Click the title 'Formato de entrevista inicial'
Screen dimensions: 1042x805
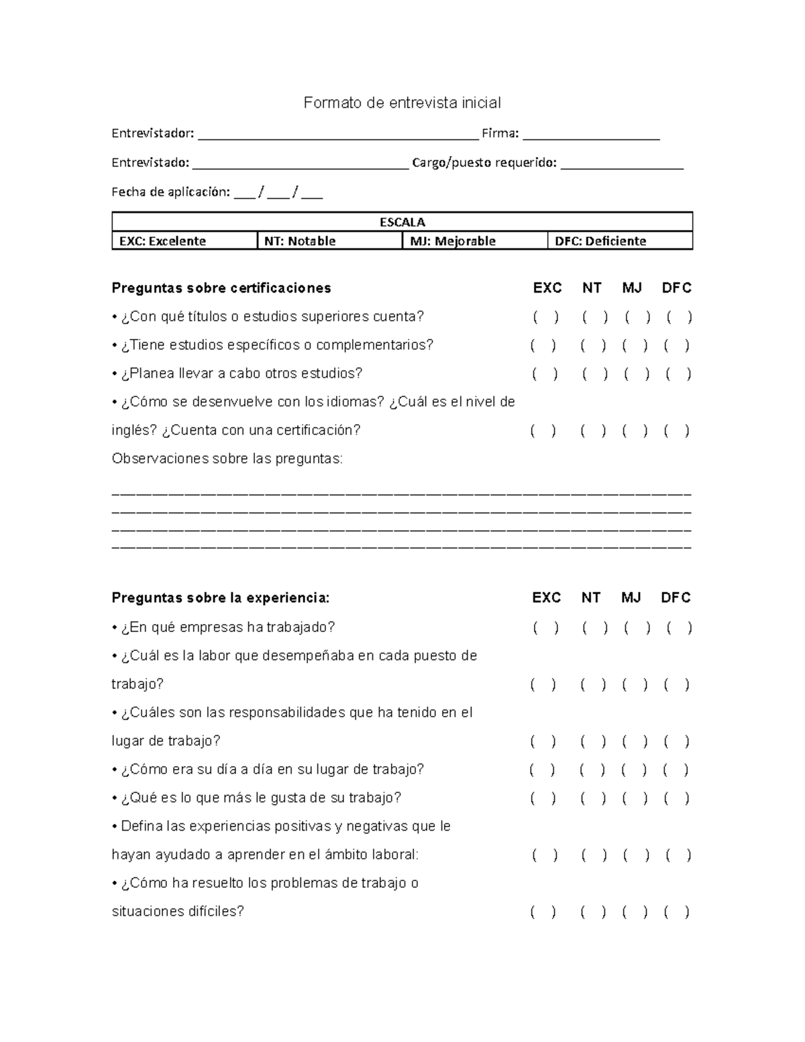(402, 103)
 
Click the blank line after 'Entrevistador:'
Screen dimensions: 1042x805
(338, 136)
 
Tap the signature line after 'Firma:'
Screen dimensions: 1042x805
(591, 136)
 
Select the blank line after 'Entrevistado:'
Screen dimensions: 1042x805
(300, 165)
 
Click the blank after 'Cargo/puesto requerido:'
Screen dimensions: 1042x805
(622, 165)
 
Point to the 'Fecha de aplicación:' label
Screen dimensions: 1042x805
(170, 193)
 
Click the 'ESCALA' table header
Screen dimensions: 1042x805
(402, 222)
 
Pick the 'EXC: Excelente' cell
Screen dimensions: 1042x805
(162, 241)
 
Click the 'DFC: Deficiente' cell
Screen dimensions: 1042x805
(600, 241)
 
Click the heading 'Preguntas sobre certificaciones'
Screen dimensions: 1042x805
(221, 288)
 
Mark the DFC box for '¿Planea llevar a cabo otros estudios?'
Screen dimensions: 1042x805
(678, 374)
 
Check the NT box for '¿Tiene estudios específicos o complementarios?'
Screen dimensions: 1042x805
(593, 346)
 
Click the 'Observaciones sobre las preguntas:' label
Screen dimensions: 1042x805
(227, 459)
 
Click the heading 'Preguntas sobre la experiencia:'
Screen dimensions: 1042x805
(221, 598)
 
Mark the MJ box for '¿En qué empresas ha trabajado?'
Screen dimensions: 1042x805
(637, 628)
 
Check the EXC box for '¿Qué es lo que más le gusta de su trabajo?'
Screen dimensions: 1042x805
(543, 798)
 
